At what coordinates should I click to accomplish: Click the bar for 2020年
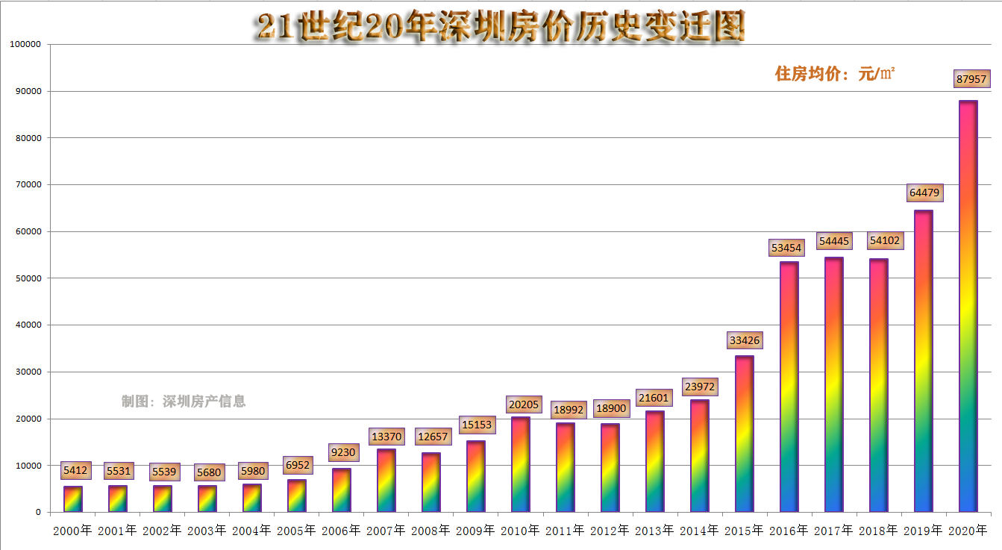tap(968, 306)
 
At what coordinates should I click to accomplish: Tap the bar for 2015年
tap(744, 434)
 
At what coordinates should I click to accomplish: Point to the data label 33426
tap(745, 340)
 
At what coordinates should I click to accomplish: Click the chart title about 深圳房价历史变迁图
tap(500, 28)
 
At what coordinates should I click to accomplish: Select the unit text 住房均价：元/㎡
tap(835, 73)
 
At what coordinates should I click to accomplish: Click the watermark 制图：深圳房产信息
tap(184, 401)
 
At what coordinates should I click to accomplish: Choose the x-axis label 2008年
tap(430, 531)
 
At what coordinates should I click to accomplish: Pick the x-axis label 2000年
tap(72, 531)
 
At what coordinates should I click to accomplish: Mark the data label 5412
tap(75, 471)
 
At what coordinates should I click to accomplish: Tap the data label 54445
tap(834, 241)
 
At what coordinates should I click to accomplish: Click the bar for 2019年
tap(923, 361)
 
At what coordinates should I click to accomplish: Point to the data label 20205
tap(523, 404)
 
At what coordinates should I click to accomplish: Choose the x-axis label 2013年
tap(654, 531)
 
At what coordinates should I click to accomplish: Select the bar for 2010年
tap(520, 464)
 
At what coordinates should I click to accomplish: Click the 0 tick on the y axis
tap(37, 513)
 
